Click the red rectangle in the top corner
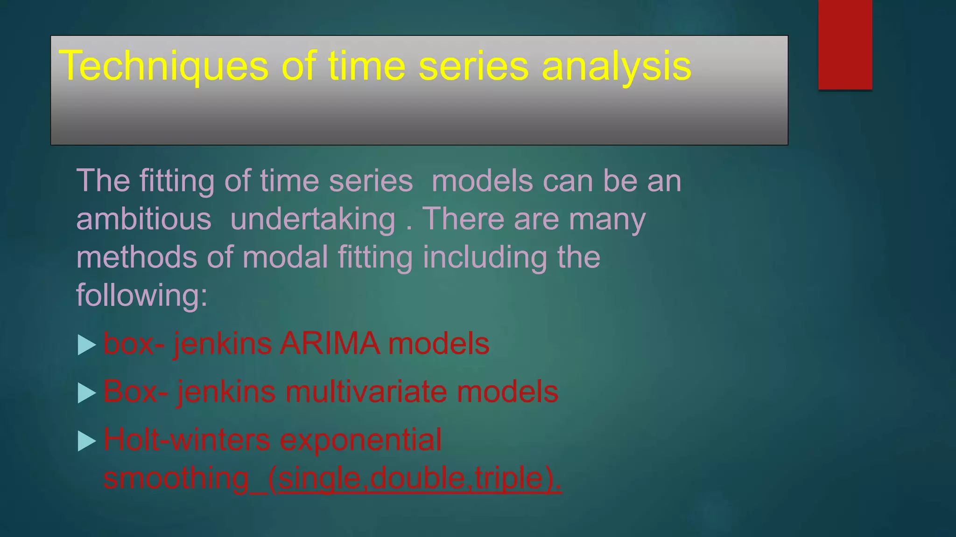(x=845, y=44)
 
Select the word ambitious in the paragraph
(x=144, y=219)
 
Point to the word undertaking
(x=313, y=219)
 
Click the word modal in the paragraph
(x=285, y=257)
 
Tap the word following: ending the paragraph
(x=141, y=296)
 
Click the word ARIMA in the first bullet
(x=330, y=344)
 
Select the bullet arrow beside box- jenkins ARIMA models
(x=86, y=345)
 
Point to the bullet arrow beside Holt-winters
(x=86, y=441)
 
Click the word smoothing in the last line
(x=176, y=478)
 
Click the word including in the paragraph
(x=485, y=257)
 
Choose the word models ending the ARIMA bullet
(x=439, y=344)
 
